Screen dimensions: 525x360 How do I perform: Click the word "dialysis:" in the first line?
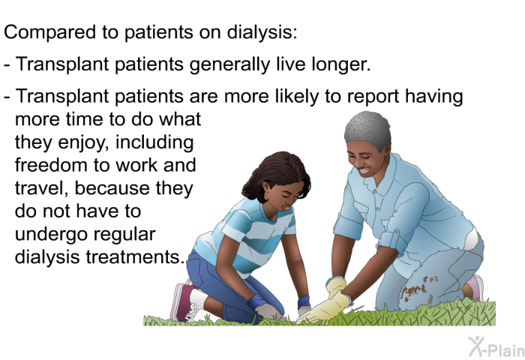[x=262, y=33]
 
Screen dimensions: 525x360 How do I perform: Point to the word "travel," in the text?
[x=42, y=187]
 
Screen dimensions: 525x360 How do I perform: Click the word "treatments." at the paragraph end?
[x=135, y=256]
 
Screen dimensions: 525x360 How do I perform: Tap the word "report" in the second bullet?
[x=373, y=97]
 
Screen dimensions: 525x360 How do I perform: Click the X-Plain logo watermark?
[x=496, y=347]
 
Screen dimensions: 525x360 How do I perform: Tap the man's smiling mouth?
[x=364, y=170]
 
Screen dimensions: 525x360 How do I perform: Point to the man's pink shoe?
[x=475, y=287]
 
